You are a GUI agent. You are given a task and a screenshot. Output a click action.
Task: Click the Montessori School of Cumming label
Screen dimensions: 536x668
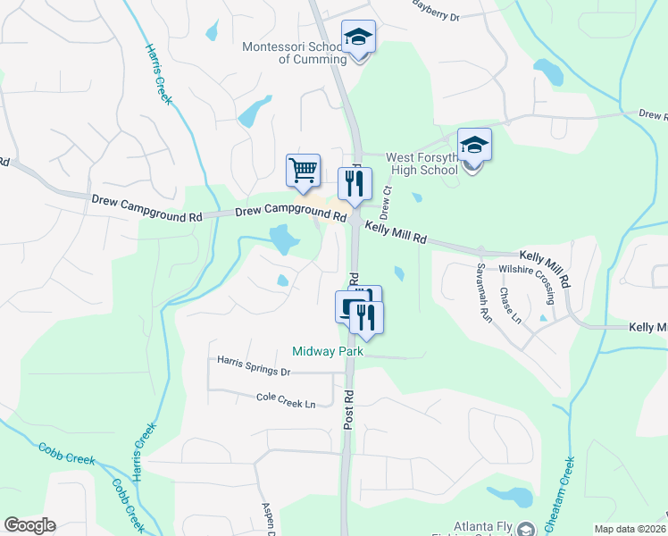pyautogui.click(x=295, y=53)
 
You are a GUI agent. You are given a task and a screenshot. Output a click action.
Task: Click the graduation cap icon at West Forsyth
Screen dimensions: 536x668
pyautogui.click(x=474, y=145)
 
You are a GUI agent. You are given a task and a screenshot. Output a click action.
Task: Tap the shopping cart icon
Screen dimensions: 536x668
pyautogui.click(x=304, y=170)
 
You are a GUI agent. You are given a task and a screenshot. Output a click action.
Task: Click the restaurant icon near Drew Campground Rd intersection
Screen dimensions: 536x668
pyautogui.click(x=355, y=184)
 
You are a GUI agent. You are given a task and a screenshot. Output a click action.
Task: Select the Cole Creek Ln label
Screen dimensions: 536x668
pyautogui.click(x=286, y=404)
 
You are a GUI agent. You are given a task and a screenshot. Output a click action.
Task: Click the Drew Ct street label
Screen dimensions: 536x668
pyautogui.click(x=386, y=204)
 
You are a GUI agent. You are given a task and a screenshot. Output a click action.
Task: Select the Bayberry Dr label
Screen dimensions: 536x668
pyautogui.click(x=436, y=15)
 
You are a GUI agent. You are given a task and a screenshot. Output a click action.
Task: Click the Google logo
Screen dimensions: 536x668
pyautogui.click(x=29, y=525)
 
